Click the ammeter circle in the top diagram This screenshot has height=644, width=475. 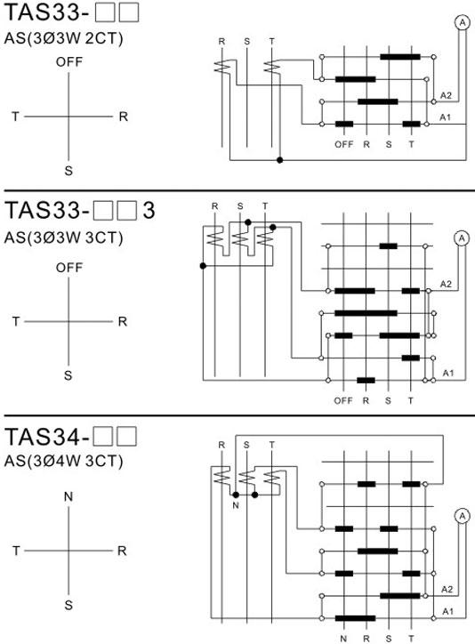(463, 23)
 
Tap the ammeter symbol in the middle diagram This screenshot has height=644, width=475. (462, 238)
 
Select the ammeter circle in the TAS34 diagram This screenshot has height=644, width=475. (463, 516)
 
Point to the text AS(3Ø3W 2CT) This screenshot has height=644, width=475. (64, 38)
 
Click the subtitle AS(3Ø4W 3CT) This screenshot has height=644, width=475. (64, 461)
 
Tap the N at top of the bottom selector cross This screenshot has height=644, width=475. (68, 497)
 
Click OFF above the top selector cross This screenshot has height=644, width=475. (69, 62)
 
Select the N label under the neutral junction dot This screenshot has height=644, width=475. (235, 505)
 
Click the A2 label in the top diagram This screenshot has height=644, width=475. (446, 96)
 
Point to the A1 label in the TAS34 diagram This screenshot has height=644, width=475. (448, 612)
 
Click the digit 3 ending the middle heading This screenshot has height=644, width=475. (149, 210)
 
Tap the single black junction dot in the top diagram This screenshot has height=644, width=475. (279, 160)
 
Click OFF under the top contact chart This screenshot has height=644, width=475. (343, 145)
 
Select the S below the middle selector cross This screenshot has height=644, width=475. (68, 375)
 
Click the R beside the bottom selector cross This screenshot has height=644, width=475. (122, 551)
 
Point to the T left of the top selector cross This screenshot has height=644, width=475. (15, 117)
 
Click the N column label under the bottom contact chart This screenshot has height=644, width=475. (343, 639)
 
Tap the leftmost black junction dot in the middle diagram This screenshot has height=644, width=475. (203, 266)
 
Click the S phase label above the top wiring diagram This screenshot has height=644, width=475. (246, 42)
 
